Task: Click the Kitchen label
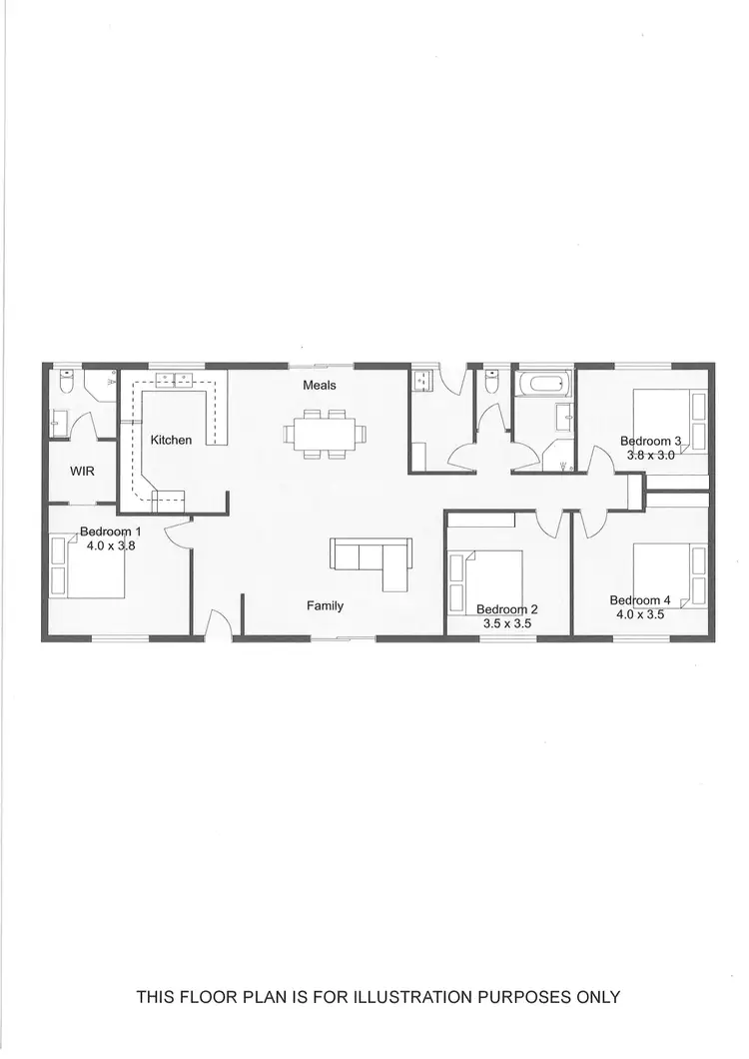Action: pyautogui.click(x=171, y=440)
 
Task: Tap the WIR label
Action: pyautogui.click(x=82, y=471)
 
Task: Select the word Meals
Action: pyautogui.click(x=320, y=386)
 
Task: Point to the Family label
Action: pyautogui.click(x=325, y=605)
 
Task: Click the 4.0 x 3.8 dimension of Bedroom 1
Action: pyautogui.click(x=109, y=545)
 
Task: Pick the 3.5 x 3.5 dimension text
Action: pyautogui.click(x=506, y=623)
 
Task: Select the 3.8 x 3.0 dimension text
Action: pyautogui.click(x=651, y=455)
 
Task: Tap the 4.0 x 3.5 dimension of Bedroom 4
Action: pyautogui.click(x=639, y=614)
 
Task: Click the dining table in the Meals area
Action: pyautogui.click(x=326, y=434)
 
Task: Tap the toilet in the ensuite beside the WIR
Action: pyautogui.click(x=67, y=382)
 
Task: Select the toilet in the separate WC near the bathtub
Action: pyautogui.click(x=491, y=382)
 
